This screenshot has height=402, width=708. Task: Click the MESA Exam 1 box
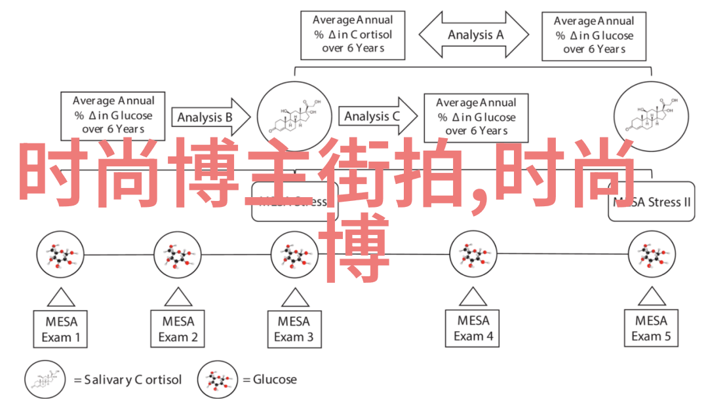pos(60,329)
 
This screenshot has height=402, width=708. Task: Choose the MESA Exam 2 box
pos(178,329)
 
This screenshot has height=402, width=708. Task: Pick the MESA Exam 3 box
pos(294,329)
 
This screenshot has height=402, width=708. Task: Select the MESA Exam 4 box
pos(473,329)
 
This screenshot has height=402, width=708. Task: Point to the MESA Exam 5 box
pos(652,329)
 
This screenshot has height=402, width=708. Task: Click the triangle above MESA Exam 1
pos(60,298)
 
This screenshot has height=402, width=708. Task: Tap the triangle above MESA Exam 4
pos(473,298)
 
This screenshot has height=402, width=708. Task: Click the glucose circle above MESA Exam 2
pos(178,255)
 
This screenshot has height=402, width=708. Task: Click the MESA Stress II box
pos(651,202)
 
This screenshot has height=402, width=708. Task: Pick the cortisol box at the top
pos(352,35)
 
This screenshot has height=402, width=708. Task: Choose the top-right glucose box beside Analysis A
pos(593,35)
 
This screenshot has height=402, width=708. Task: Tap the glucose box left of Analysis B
pos(113,115)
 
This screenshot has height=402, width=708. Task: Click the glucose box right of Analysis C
pos(476,117)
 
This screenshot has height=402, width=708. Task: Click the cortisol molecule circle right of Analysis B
pos(292,117)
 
